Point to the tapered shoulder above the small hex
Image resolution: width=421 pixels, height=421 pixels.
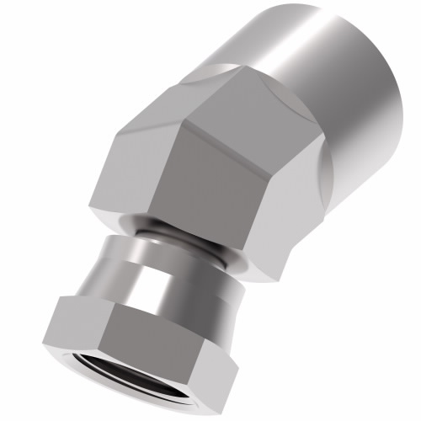coord(143,269)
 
